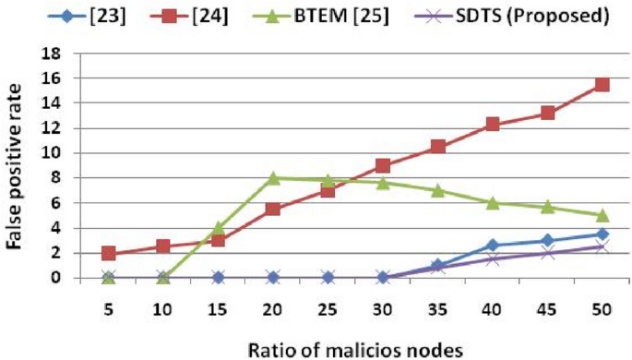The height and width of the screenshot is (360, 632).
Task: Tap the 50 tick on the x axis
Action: pos(602,299)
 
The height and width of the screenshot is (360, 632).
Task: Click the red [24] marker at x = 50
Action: pos(602,85)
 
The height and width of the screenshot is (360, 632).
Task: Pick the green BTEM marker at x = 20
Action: pos(273,177)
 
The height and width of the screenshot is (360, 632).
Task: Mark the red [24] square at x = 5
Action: pos(109,253)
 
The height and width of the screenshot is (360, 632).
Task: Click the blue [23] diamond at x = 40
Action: pos(493,245)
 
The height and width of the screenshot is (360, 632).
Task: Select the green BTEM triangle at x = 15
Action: pos(219,227)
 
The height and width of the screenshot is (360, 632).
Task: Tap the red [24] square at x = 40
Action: pos(493,125)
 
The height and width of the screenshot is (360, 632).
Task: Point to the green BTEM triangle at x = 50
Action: pos(602,215)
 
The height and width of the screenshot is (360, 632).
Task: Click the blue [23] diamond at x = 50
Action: pos(602,234)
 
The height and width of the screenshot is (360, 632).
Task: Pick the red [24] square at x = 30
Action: pos(383,166)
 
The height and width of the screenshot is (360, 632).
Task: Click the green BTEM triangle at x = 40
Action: pos(493,203)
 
